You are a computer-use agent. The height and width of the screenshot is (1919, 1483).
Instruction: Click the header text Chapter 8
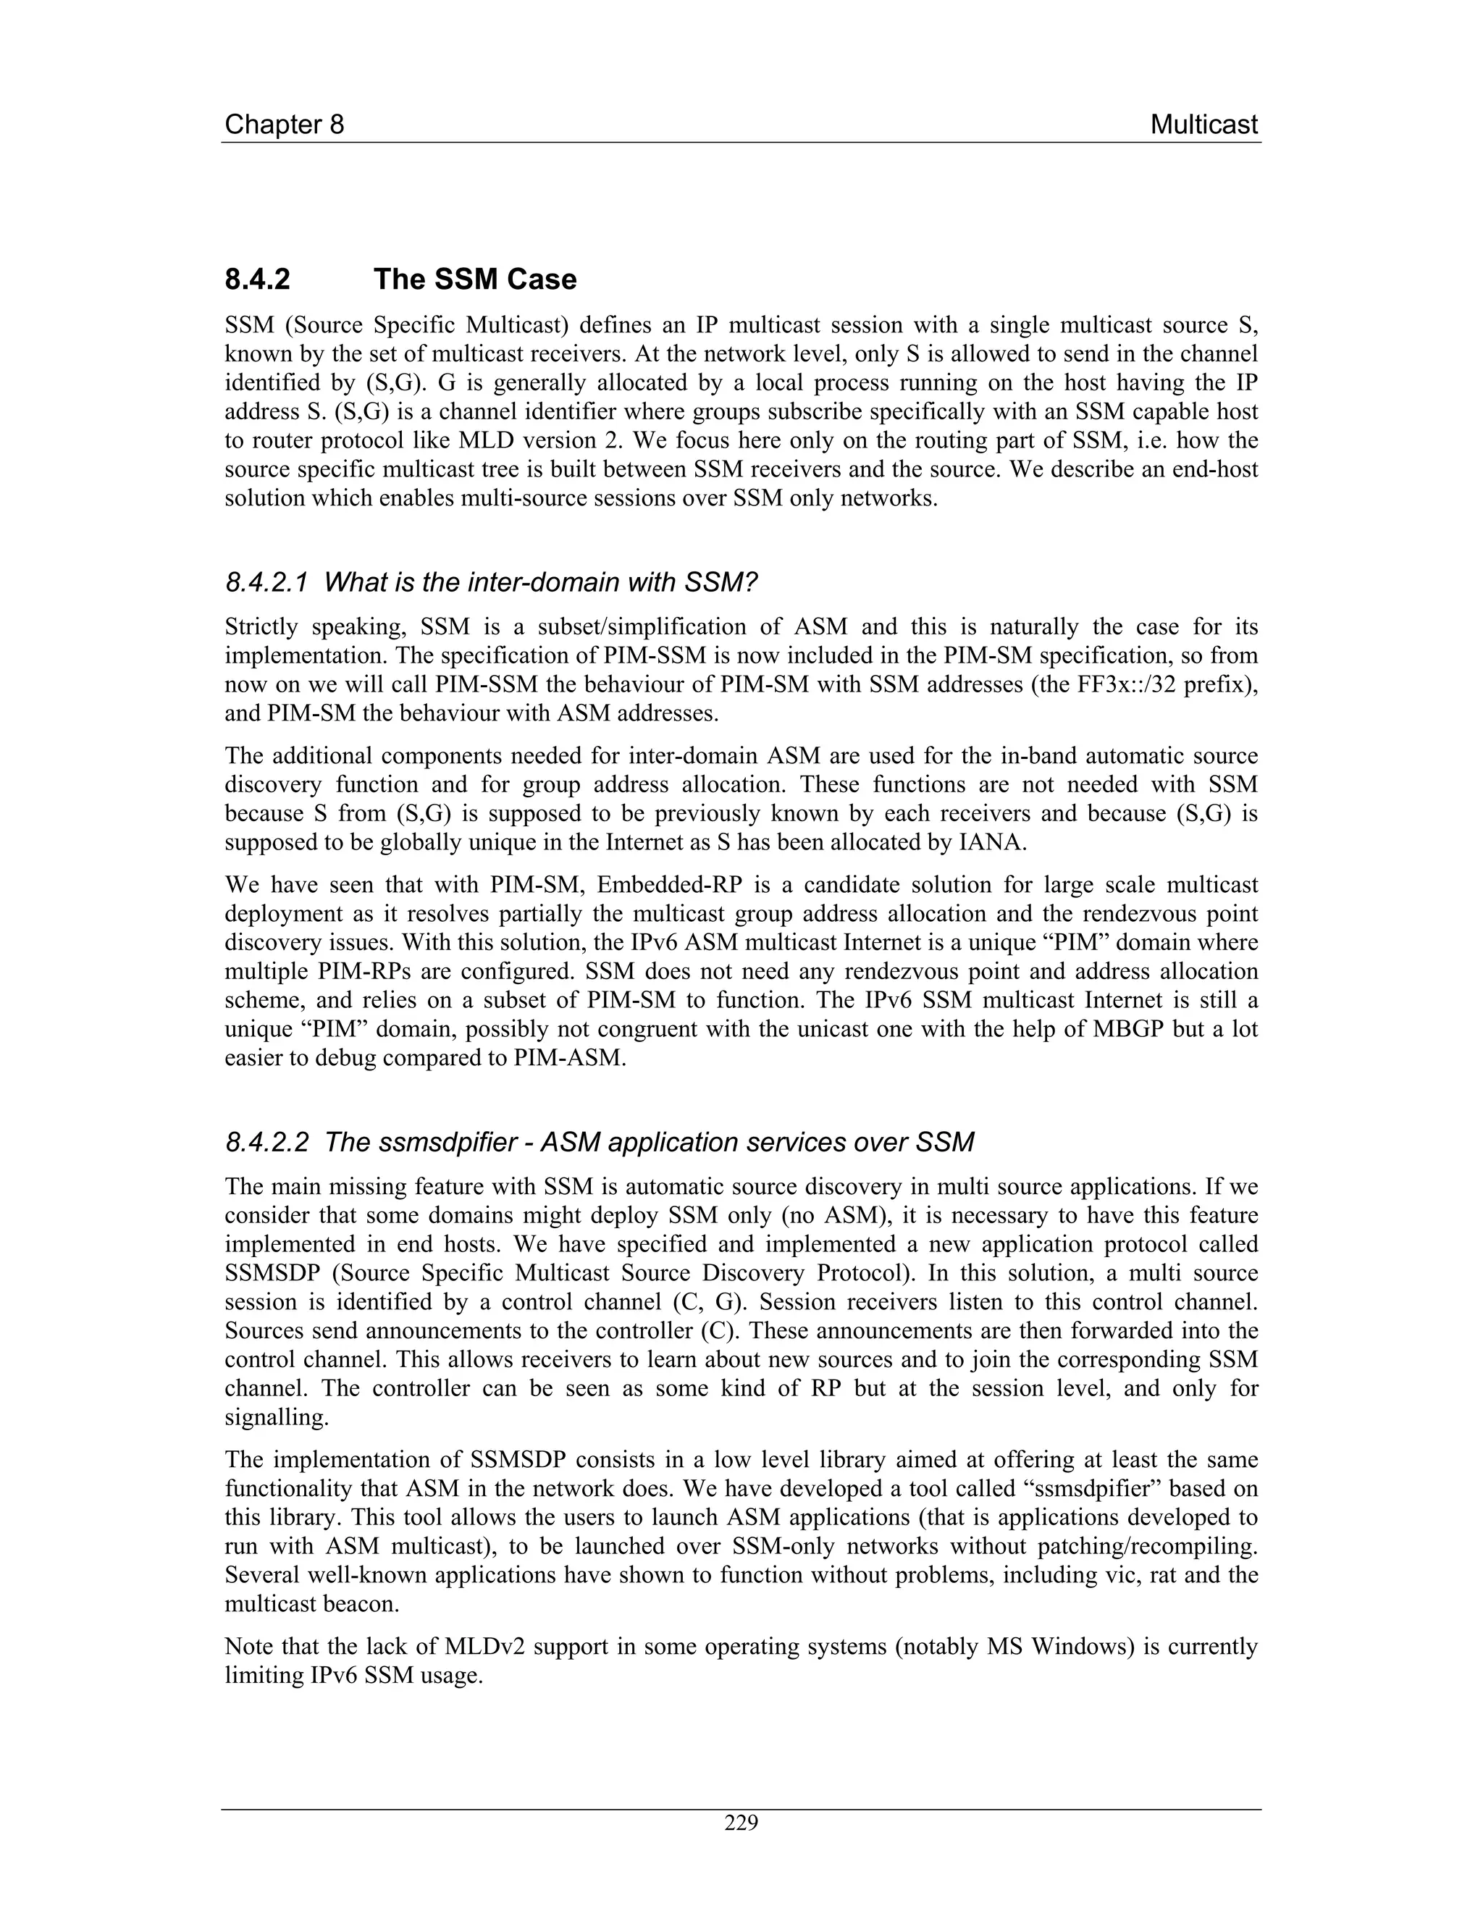284,125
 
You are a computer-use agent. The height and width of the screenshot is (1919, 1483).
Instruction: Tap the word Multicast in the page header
1203,125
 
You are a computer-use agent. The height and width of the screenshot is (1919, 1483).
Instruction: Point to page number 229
741,1823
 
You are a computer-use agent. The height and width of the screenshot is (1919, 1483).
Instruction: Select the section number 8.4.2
257,280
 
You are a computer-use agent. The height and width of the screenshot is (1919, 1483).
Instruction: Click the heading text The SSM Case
474,280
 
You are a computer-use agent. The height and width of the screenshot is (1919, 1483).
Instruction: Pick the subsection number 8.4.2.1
267,581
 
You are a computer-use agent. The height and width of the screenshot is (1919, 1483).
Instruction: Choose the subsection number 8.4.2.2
267,1142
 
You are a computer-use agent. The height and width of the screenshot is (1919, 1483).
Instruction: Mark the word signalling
271,1417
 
